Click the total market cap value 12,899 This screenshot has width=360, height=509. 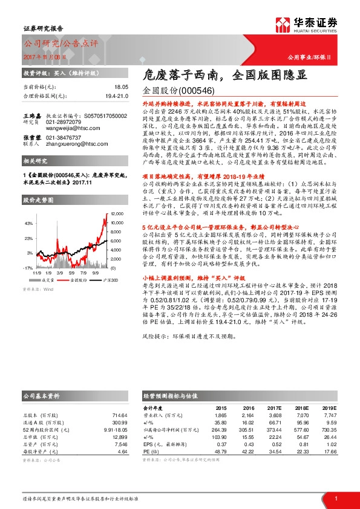(120, 436)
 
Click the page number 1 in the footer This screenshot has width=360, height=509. (335, 498)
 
